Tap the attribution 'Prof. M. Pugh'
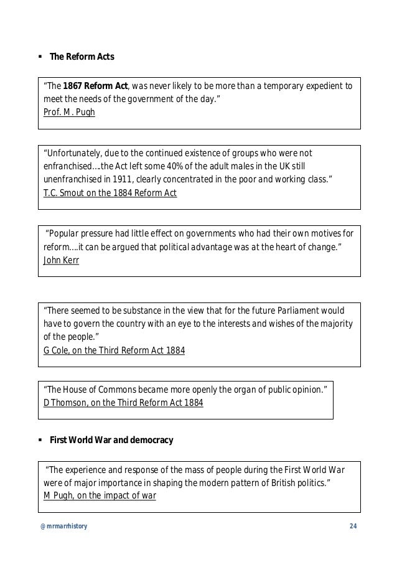(x=69, y=112)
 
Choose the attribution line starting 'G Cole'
(x=114, y=350)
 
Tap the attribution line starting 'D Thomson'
(x=123, y=401)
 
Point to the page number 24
(x=353, y=527)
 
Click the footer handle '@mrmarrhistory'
(x=63, y=527)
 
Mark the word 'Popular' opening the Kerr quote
(x=66, y=234)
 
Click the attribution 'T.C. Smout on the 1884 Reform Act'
(x=110, y=193)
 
